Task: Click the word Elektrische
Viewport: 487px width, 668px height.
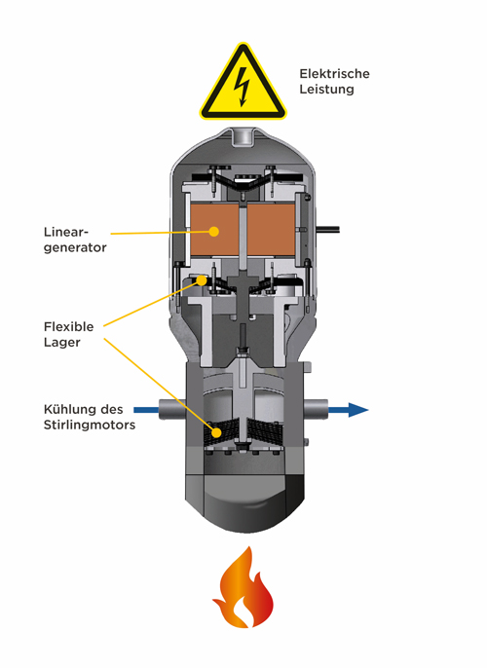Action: click(334, 74)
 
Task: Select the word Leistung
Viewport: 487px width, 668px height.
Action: click(326, 89)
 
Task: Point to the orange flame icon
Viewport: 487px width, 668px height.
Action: click(243, 587)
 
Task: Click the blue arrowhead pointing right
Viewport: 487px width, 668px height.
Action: click(357, 410)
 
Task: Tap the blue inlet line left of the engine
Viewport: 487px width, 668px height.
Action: click(146, 410)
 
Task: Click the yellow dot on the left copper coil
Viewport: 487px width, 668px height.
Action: click(214, 232)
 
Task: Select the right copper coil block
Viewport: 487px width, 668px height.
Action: click(271, 230)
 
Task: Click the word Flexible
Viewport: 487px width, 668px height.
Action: click(68, 327)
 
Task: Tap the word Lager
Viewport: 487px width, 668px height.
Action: click(61, 342)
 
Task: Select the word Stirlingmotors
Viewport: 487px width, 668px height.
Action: click(90, 426)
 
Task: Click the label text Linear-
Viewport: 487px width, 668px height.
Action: click(66, 232)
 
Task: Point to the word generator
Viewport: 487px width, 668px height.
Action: click(75, 247)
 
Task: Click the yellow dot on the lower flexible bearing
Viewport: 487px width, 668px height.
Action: click(217, 432)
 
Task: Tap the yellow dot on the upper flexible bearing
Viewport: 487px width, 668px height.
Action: click(202, 279)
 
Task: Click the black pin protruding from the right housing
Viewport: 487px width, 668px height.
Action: click(327, 230)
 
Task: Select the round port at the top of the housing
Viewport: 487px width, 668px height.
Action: click(243, 136)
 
